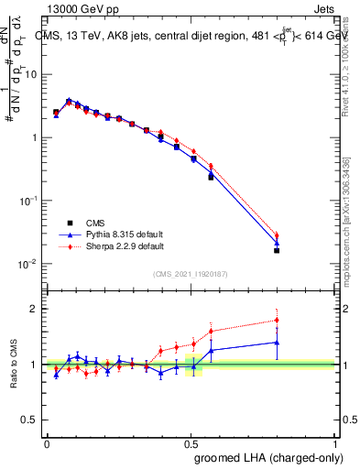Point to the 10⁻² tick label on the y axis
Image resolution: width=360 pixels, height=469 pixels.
coord(29,264)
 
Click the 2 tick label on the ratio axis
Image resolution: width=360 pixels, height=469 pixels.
coord(37,309)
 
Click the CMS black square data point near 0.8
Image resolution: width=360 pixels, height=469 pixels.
coord(277,250)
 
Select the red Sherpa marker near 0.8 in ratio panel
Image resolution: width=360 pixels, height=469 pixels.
coord(277,321)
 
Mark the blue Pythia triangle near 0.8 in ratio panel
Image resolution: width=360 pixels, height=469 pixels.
coord(277,342)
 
